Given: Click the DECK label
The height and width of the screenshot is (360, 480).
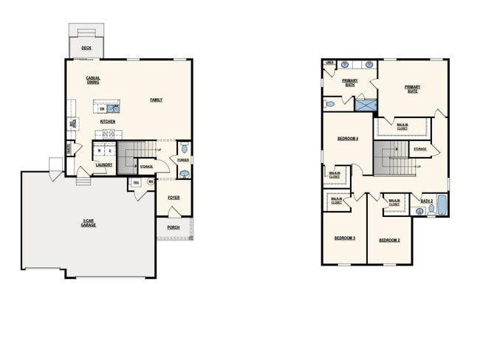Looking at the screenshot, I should coord(86,48).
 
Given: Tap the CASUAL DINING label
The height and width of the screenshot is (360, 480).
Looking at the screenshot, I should coord(93,80).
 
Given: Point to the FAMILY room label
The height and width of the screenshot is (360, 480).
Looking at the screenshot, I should coord(156,100).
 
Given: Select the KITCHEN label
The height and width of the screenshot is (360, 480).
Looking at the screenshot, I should coord(108,121).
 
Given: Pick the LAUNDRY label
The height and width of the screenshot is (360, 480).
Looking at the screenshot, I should coord(103,165).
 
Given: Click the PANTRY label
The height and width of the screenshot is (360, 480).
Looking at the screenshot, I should coord(69,148).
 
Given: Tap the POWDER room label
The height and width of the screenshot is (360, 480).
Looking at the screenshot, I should coord(183,160).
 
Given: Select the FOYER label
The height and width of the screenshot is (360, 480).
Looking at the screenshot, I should coord(174,197).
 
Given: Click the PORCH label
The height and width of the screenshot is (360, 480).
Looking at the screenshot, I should coord(173,227).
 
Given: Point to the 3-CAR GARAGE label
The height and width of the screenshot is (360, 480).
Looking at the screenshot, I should coord(89,222).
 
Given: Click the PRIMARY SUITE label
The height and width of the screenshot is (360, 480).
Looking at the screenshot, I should coord(412,89).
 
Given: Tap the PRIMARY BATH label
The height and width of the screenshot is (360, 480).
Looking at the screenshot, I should coord(351,83).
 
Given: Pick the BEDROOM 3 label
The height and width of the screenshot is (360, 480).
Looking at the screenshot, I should coord(344,238).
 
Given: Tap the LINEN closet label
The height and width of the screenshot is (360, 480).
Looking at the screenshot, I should coord(329,63).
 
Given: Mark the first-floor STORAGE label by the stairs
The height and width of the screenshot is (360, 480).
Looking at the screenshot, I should coord(146,167).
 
